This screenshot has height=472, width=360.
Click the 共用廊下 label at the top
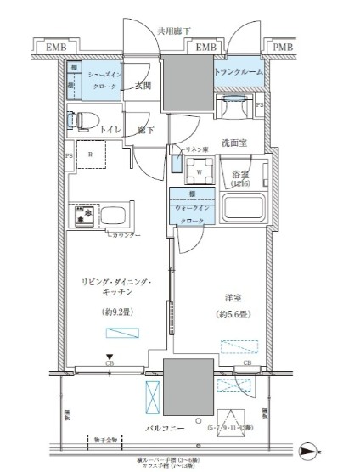[x=174, y=32]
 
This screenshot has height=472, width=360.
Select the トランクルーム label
[x=237, y=72]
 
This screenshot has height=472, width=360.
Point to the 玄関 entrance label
[x=143, y=86]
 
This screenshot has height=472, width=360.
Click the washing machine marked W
[x=198, y=168]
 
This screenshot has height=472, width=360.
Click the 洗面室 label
[x=233, y=143]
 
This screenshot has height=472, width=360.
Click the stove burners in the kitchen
[x=84, y=215]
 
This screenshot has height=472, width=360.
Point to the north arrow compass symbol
[x=310, y=450]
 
